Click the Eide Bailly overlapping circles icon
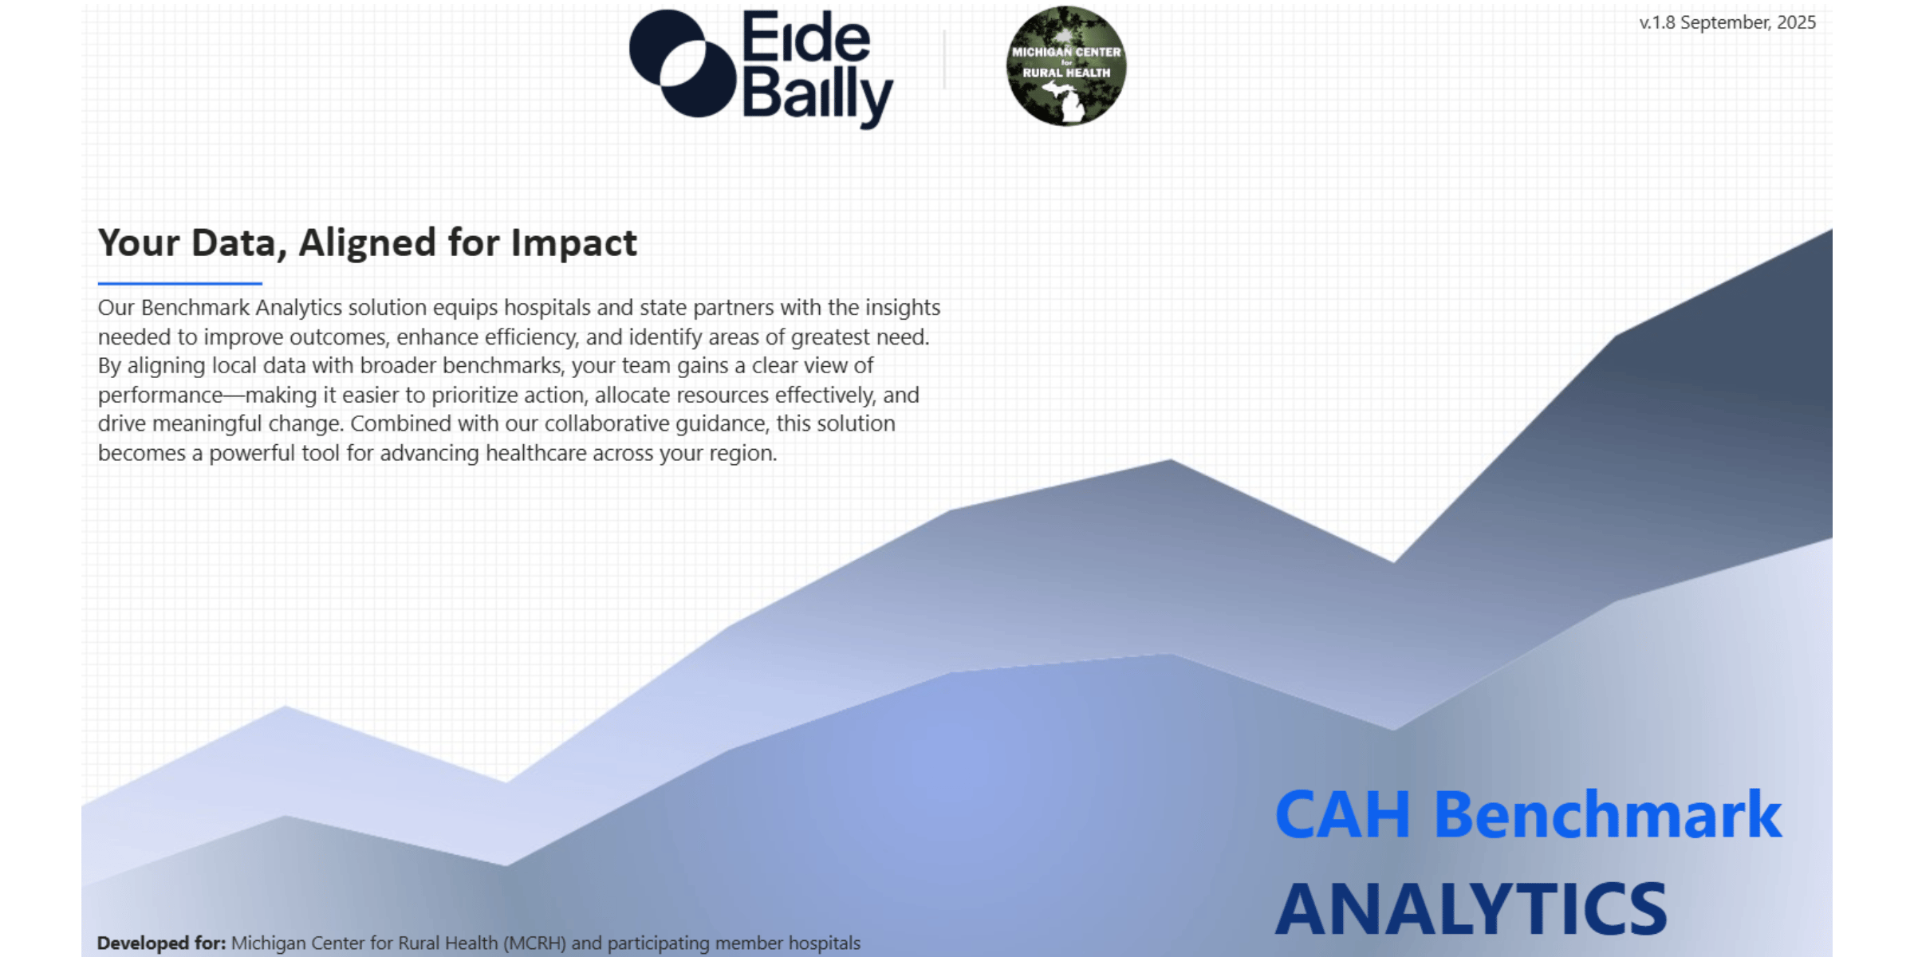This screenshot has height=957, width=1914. [682, 64]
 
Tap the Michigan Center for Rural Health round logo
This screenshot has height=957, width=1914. [1066, 65]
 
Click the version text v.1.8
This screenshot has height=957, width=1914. [1657, 22]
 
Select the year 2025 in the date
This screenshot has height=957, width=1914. [1796, 22]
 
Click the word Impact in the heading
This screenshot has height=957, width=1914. [573, 242]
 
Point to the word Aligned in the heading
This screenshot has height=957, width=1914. [367, 242]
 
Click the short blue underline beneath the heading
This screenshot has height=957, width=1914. [179, 283]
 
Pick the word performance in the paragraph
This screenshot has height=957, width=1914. [159, 396]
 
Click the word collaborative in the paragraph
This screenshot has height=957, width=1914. [607, 423]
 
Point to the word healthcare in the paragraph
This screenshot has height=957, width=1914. [534, 453]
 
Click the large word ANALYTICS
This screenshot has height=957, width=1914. [1471, 909]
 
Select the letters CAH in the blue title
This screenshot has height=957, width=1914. [1342, 815]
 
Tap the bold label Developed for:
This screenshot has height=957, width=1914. [161, 943]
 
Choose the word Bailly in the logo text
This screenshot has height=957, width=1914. [817, 97]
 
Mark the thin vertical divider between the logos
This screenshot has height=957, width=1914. [944, 60]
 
